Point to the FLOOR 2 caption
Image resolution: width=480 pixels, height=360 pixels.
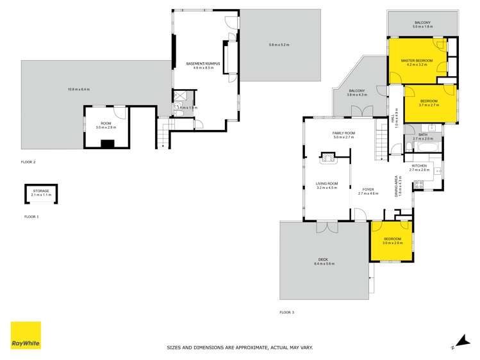click(x=28, y=162)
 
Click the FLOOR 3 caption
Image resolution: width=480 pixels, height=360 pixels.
click(x=286, y=312)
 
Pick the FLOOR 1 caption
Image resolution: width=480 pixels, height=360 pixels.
click(x=31, y=217)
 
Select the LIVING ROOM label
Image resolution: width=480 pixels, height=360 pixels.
click(x=326, y=184)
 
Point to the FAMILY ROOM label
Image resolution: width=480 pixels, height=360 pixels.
click(x=343, y=133)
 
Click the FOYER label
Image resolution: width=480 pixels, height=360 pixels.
click(x=368, y=189)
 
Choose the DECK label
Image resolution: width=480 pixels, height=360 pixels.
click(x=324, y=259)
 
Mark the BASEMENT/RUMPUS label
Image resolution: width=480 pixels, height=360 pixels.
click(x=203, y=64)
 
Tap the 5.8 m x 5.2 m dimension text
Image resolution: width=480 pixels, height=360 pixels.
click(x=279, y=45)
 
